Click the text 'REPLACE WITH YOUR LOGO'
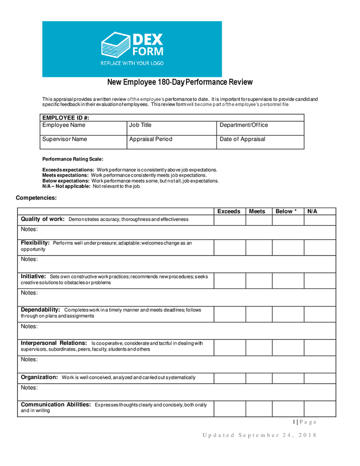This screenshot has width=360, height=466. point(132,63)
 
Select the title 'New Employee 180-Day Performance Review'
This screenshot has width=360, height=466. point(180,82)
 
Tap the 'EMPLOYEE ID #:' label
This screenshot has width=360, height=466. point(66,118)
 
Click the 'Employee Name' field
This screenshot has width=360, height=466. point(83,128)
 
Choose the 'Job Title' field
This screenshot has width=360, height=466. point(171,128)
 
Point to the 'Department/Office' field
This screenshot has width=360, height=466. point(260,128)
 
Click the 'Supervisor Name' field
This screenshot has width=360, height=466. point(83,142)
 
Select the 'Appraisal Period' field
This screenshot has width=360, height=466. point(171,142)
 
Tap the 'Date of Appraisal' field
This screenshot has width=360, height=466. point(260,142)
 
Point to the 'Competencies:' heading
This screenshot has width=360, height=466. point(36,198)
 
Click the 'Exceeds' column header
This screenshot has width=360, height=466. point(229,211)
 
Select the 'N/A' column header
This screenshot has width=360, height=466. point(312,211)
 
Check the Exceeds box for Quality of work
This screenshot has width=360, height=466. point(229,220)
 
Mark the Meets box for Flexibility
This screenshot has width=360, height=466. point(259,247)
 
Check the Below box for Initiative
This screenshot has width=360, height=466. point(287,281)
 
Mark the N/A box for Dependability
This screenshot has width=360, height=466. point(320,314)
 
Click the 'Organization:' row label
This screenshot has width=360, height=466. point(39,377)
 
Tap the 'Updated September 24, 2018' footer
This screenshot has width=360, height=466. point(259,435)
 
